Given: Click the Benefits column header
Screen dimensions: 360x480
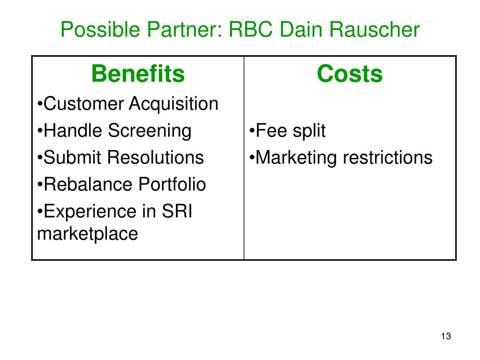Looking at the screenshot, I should pyautogui.click(x=138, y=74).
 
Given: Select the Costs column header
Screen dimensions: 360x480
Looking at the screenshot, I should pyautogui.click(x=350, y=74).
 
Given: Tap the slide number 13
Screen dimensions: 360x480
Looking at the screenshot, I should pyautogui.click(x=446, y=337).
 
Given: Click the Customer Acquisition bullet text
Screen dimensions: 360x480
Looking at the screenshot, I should pyautogui.click(x=127, y=104).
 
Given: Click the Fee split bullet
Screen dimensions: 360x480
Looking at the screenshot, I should pyautogui.click(x=287, y=131).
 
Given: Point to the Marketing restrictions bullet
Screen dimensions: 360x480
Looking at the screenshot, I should pyautogui.click(x=341, y=157).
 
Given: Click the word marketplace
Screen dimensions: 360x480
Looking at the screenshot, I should pyautogui.click(x=87, y=233).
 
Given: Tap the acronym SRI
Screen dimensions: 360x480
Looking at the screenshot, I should pyautogui.click(x=177, y=211).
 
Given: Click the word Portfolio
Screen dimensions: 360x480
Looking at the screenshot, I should pyautogui.click(x=172, y=184).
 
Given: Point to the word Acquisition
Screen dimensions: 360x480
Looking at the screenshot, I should pyautogui.click(x=173, y=104).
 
